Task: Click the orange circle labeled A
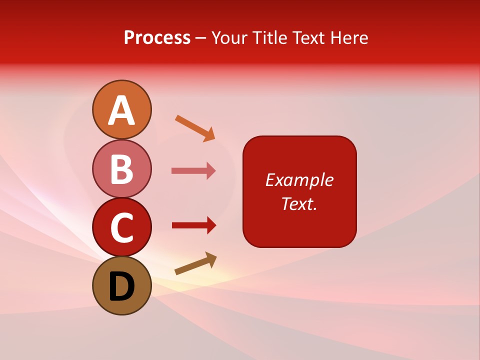(x=121, y=109)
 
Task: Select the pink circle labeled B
(x=121, y=168)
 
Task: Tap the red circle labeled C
(x=121, y=227)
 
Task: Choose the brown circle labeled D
(x=121, y=285)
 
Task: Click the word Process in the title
(x=157, y=37)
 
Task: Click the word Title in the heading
(x=268, y=37)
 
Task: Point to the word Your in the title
(x=230, y=37)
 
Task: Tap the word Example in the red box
(x=299, y=180)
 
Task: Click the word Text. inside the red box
(x=299, y=203)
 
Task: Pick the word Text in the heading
(x=308, y=37)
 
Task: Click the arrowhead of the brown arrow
(x=211, y=258)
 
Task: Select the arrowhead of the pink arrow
(x=211, y=171)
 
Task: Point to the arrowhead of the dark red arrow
(x=211, y=225)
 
